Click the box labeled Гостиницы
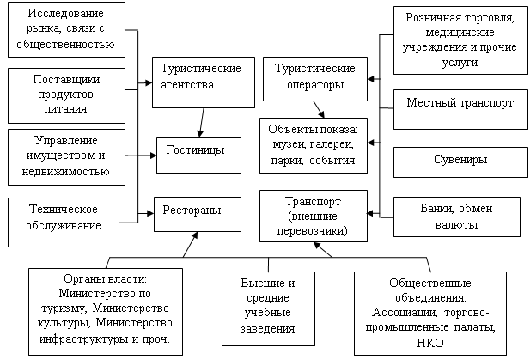[x=198, y=156]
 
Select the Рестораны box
[x=198, y=214]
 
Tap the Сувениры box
[x=460, y=162]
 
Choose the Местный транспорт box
[x=460, y=109]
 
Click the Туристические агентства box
[x=203, y=82]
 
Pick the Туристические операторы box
[x=315, y=79]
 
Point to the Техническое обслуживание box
[x=64, y=222]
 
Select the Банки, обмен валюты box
[x=457, y=217]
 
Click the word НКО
[x=430, y=343]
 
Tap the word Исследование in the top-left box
[x=65, y=14]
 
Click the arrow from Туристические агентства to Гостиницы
[x=202, y=122]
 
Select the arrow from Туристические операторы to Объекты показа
[x=319, y=109]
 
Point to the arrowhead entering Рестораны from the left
[x=150, y=213]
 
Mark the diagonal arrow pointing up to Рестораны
[x=190, y=244]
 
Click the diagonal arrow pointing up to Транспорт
[x=323, y=250]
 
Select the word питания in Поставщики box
[x=65, y=109]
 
